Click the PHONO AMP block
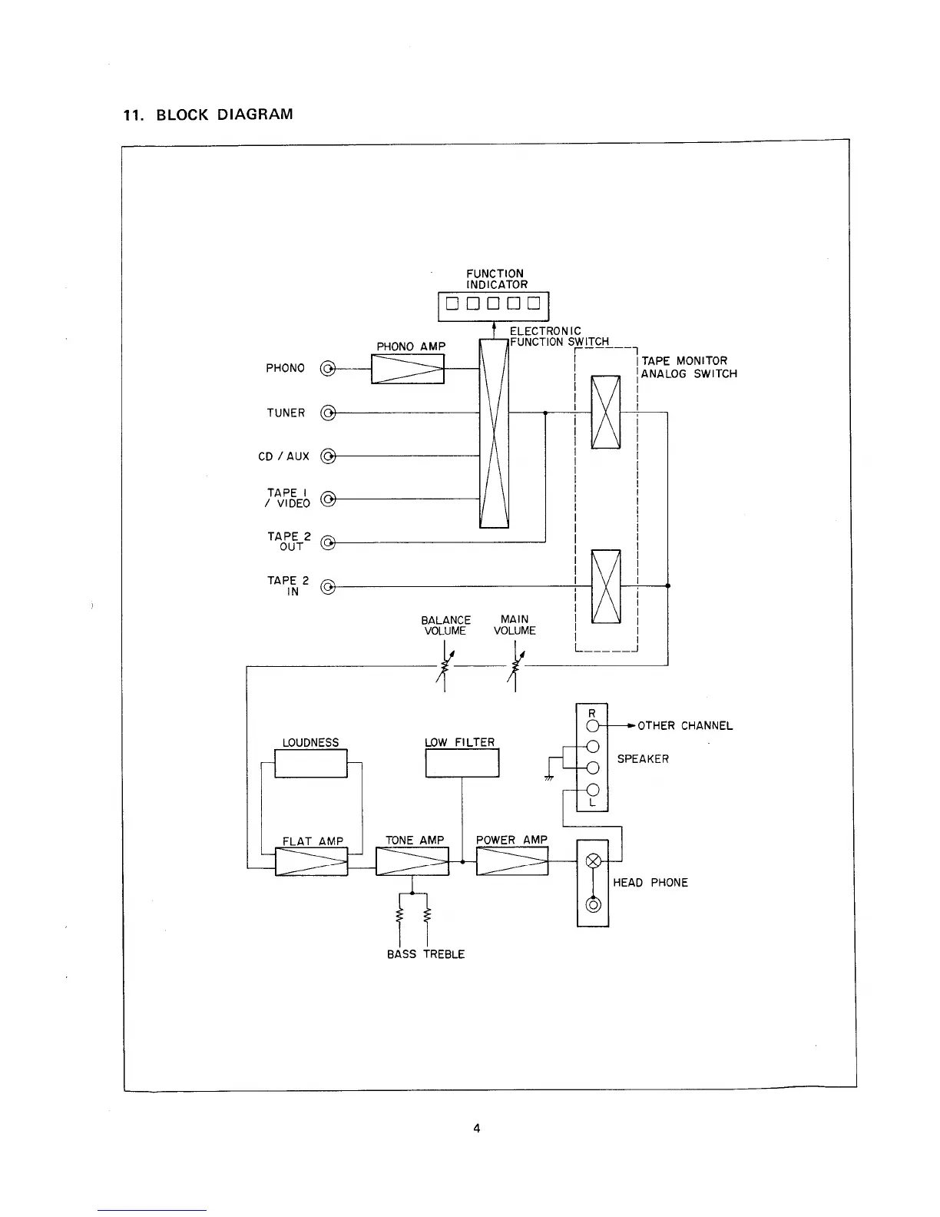pos(408,369)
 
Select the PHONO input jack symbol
pos(328,370)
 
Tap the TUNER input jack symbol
pos(328,413)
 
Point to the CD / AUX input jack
pos(328,456)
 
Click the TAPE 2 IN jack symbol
pos(328,588)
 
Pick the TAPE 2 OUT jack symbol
pos(328,543)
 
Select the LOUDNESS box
pos(311,764)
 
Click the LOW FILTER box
pos(462,763)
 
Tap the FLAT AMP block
pos(311,861)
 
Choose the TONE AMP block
pos(412,861)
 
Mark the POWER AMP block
pos(512,861)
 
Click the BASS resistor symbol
pos(399,916)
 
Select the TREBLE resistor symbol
pos(427,916)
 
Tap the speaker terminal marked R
pos(592,725)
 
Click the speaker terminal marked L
pos(592,791)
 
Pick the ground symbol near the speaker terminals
pos(549,778)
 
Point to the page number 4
pos(476,1129)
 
